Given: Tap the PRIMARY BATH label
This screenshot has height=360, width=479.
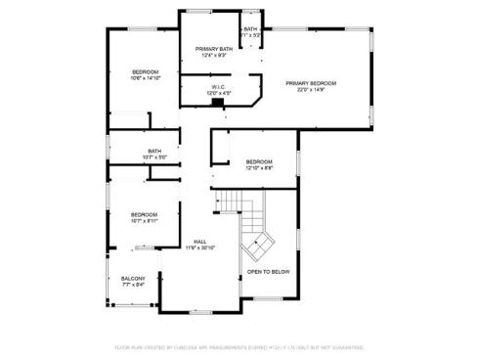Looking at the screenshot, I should click(x=213, y=48).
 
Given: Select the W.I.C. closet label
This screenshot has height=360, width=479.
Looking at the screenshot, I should click(x=218, y=87).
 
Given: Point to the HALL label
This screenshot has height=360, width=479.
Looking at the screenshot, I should click(x=199, y=241).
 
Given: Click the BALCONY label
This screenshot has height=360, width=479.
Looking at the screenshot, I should click(x=133, y=279).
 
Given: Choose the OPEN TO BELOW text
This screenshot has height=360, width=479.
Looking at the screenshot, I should click(x=267, y=272).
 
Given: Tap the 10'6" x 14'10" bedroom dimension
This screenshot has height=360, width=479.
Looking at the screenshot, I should click(x=145, y=79).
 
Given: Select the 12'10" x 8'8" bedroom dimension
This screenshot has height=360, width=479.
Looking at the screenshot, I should click(x=259, y=168).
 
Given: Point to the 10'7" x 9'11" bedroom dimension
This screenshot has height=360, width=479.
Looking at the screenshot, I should click(x=145, y=221).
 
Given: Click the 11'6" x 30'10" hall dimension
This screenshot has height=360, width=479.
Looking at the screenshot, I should click(x=199, y=247).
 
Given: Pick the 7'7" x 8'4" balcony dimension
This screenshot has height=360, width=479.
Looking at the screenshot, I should click(x=133, y=286).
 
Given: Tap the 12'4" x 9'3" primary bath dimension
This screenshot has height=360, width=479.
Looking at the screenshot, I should click(x=213, y=55).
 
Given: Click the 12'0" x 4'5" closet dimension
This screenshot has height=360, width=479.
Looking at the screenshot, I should click(x=218, y=94).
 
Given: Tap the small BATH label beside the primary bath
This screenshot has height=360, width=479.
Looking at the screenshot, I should click(x=251, y=29).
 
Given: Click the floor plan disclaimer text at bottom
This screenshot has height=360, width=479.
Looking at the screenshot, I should click(x=239, y=346).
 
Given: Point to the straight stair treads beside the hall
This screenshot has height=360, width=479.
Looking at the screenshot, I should click(x=228, y=202).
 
